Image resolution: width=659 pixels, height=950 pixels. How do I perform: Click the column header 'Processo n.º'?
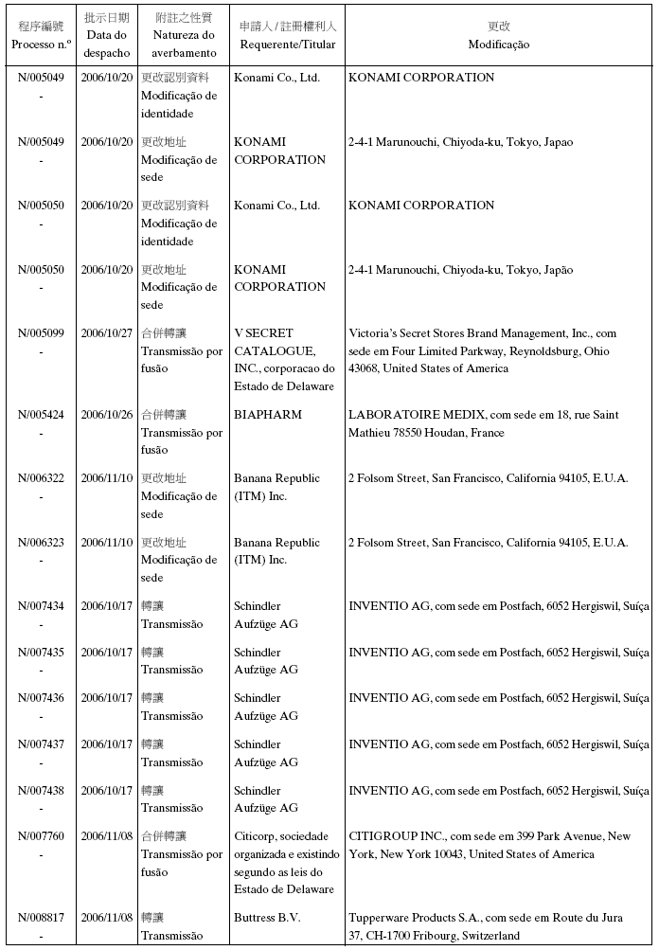[41, 44]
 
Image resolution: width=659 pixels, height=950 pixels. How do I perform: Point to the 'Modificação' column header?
[499, 45]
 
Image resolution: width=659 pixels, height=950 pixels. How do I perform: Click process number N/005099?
[41, 333]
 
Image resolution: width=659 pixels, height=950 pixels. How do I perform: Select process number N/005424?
[41, 415]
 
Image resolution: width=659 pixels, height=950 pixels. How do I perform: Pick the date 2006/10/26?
[106, 415]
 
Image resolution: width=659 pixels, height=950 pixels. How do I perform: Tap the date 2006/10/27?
[106, 333]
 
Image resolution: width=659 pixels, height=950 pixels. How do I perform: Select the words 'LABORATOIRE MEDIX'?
[408, 415]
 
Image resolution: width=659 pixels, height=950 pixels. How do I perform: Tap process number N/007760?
[41, 836]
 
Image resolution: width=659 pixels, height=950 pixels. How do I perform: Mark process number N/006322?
[41, 478]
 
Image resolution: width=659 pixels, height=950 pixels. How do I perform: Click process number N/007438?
[41, 791]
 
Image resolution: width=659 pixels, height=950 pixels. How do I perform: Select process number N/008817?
[41, 918]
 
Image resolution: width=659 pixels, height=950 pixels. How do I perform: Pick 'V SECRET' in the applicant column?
[264, 333]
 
